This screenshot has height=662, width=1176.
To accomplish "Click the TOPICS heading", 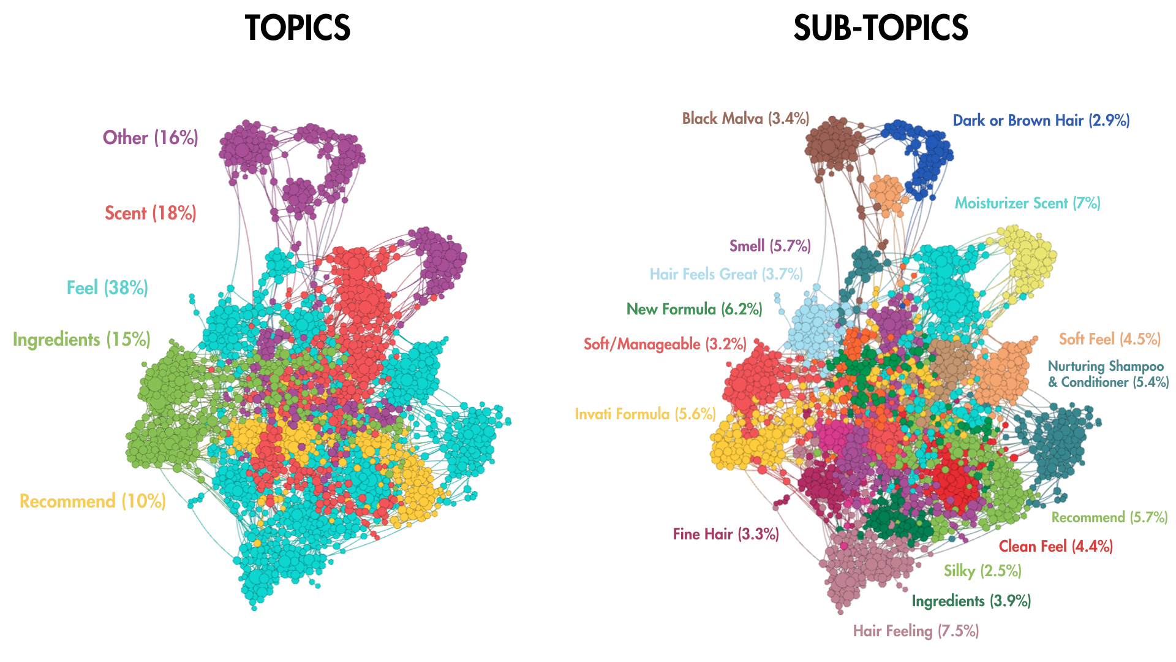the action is pyautogui.click(x=298, y=28).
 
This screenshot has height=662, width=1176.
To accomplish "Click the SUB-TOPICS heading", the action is pyautogui.click(x=881, y=28).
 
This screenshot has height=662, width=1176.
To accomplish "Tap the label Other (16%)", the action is pyautogui.click(x=151, y=137).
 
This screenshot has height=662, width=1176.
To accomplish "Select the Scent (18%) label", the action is pyautogui.click(x=151, y=213).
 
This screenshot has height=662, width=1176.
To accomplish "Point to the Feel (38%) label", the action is pyautogui.click(x=107, y=287).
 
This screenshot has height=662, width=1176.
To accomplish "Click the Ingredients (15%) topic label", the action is pyautogui.click(x=81, y=340).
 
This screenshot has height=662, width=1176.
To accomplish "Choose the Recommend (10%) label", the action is pyautogui.click(x=92, y=501).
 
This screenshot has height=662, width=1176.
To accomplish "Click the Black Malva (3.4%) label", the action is pyautogui.click(x=746, y=118).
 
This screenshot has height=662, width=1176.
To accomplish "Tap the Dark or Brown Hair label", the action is pyautogui.click(x=1041, y=120).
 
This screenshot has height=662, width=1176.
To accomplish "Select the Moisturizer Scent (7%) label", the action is pyautogui.click(x=1028, y=203).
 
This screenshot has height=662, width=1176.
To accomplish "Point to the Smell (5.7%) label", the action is pyautogui.click(x=770, y=246).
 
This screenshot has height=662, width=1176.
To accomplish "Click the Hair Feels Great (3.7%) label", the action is pyautogui.click(x=726, y=274).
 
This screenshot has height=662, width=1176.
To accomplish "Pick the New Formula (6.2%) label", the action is pyautogui.click(x=695, y=309).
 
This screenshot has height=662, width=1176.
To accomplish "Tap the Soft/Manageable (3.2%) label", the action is pyautogui.click(x=665, y=344).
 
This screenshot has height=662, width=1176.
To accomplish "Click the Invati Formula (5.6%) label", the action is pyautogui.click(x=646, y=414).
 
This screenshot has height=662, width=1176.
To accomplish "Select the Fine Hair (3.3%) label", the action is pyautogui.click(x=726, y=534).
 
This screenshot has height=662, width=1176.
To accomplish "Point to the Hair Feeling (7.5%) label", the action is pyautogui.click(x=916, y=631).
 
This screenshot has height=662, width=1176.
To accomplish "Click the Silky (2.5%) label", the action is pyautogui.click(x=982, y=571).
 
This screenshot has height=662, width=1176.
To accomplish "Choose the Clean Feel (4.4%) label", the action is pyautogui.click(x=1056, y=546).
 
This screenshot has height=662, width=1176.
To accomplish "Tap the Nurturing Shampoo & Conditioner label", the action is pyautogui.click(x=1109, y=374).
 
